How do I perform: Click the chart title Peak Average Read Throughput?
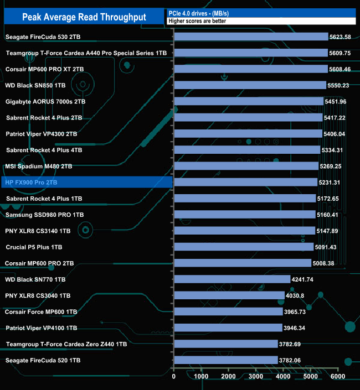pyautogui.click(x=84, y=17)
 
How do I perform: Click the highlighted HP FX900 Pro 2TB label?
pyautogui.click(x=38, y=182)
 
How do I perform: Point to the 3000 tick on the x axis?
pyautogui.click(x=255, y=376)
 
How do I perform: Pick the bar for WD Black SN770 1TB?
pyautogui.click(x=232, y=279)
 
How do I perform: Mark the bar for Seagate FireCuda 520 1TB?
pyautogui.click(x=225, y=360)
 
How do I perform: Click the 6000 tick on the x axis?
pyautogui.click(x=337, y=376)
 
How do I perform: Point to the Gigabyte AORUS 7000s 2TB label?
pyautogui.click(x=45, y=102)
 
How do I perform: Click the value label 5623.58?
pyautogui.click(x=340, y=37)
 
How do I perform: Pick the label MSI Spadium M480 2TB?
pyautogui.click(x=38, y=166)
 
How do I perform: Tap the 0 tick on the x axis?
pyautogui.click(x=174, y=376)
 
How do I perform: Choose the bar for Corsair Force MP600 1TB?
pyautogui.click(x=228, y=311)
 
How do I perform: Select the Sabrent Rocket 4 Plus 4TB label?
pyautogui.click(x=44, y=150)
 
